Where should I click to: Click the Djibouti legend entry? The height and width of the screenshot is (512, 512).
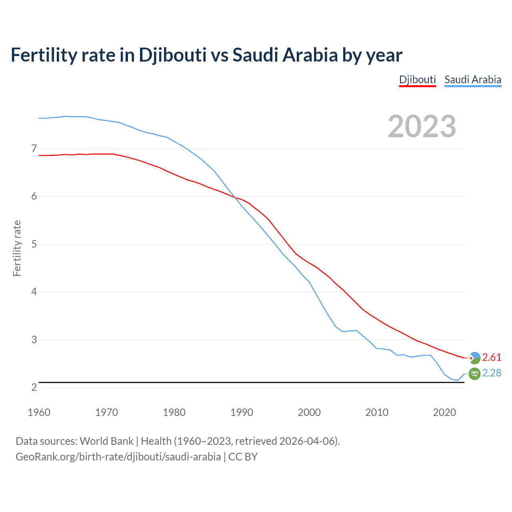pos(417,80)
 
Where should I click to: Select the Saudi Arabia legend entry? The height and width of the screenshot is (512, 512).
pos(472,80)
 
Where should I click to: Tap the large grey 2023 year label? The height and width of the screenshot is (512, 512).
pos(422,126)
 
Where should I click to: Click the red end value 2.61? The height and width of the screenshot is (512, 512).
pos(492,357)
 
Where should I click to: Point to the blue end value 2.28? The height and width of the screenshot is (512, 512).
pos(492,373)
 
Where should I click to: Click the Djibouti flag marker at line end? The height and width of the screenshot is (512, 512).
pos(474,358)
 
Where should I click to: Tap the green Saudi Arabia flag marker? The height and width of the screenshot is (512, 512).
pos(474,373)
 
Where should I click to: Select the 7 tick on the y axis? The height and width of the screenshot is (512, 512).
pos(34,149)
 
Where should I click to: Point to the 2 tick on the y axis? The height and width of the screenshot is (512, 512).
pos(34,387)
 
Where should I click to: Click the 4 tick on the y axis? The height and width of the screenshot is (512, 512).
pos(34,292)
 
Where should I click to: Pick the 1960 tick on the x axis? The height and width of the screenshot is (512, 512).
pos(39,412)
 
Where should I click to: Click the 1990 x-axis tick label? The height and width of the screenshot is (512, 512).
pos(242,412)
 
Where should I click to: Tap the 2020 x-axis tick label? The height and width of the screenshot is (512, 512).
pos(444,412)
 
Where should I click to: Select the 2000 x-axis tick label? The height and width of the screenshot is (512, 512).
pos(309,412)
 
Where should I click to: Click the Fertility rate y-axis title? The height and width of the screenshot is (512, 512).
pos(17,248)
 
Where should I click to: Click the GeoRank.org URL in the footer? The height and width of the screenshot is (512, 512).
pos(118,457)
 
